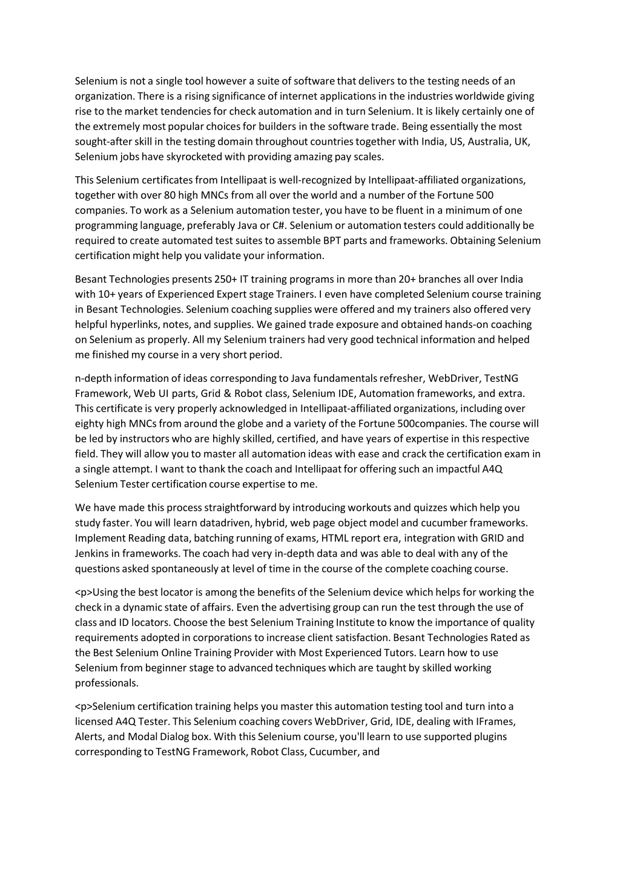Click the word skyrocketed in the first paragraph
tap(194, 157)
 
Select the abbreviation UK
tap(522, 142)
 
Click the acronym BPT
tap(333, 240)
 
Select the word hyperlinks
tap(133, 324)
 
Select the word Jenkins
tap(91, 553)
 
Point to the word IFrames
tap(496, 721)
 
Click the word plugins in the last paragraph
tap(490, 737)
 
